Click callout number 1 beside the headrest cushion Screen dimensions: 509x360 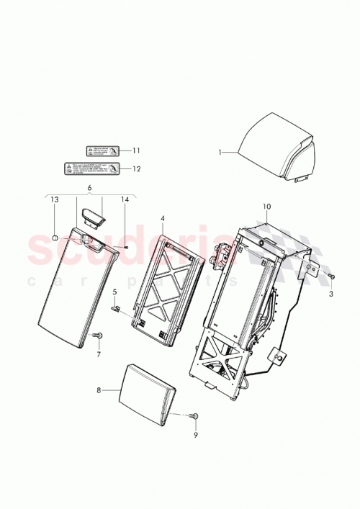pyautogui.click(x=222, y=153)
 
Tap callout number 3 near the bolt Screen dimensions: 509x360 pyautogui.click(x=331, y=295)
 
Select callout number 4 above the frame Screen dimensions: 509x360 pyautogui.click(x=162, y=217)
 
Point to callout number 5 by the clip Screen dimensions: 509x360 pyautogui.click(x=114, y=292)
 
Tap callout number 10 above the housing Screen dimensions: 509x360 pyautogui.click(x=266, y=207)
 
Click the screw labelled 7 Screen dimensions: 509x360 pyautogui.click(x=99, y=335)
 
